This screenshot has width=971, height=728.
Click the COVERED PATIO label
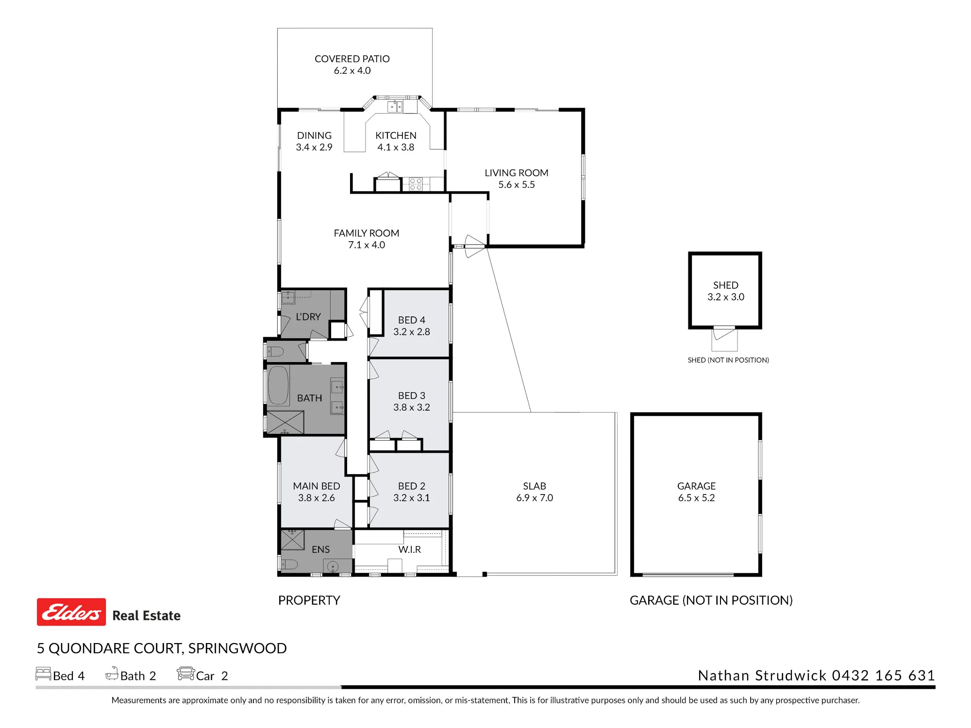(x=352, y=59)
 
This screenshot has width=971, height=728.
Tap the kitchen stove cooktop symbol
(x=416, y=184)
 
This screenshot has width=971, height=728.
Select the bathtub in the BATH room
(x=278, y=385)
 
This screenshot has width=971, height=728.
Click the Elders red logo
(x=71, y=612)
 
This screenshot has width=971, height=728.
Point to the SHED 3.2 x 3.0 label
(x=726, y=291)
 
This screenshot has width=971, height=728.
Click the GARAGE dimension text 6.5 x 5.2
(x=696, y=497)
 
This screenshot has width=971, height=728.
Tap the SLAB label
(x=535, y=486)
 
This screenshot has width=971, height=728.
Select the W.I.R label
(x=410, y=549)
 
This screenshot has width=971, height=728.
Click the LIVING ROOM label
(x=517, y=173)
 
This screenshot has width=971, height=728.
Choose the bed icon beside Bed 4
(x=43, y=674)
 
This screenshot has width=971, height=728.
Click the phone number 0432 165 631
(x=884, y=675)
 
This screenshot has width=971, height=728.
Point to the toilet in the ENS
(x=290, y=564)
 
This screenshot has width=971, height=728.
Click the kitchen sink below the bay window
(x=395, y=106)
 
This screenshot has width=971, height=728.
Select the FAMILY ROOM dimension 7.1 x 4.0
(x=367, y=245)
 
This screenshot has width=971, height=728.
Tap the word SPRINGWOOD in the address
(x=237, y=648)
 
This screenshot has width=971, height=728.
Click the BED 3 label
(x=412, y=396)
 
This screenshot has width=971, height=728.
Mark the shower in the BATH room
(x=285, y=422)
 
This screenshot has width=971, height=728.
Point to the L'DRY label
(x=308, y=316)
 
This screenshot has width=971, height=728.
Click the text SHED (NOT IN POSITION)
(x=728, y=360)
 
